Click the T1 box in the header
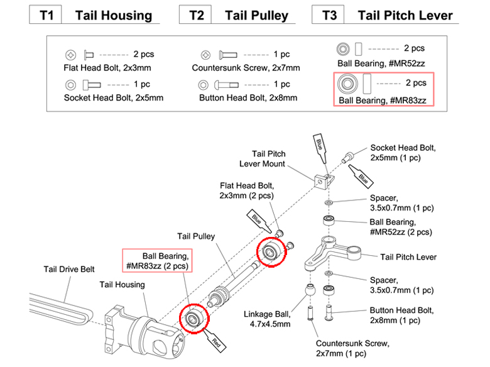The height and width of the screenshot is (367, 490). [x=46, y=15]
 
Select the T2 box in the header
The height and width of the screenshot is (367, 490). [x=197, y=15]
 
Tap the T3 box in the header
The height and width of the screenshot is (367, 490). [x=329, y=15]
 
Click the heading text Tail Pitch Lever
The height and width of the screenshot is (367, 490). [x=405, y=15]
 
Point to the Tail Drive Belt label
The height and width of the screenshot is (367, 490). [x=69, y=269]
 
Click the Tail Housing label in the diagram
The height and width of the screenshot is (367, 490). [x=122, y=285]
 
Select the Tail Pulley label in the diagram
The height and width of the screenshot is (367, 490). [x=196, y=236]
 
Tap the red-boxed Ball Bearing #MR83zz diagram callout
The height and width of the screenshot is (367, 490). [x=156, y=261]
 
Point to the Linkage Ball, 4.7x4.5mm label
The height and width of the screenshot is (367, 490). [x=267, y=319]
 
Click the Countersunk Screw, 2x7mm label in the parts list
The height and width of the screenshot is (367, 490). [x=246, y=67]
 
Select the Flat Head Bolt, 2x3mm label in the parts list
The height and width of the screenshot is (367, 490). [x=107, y=67]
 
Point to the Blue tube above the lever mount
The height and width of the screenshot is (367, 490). [x=318, y=148]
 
